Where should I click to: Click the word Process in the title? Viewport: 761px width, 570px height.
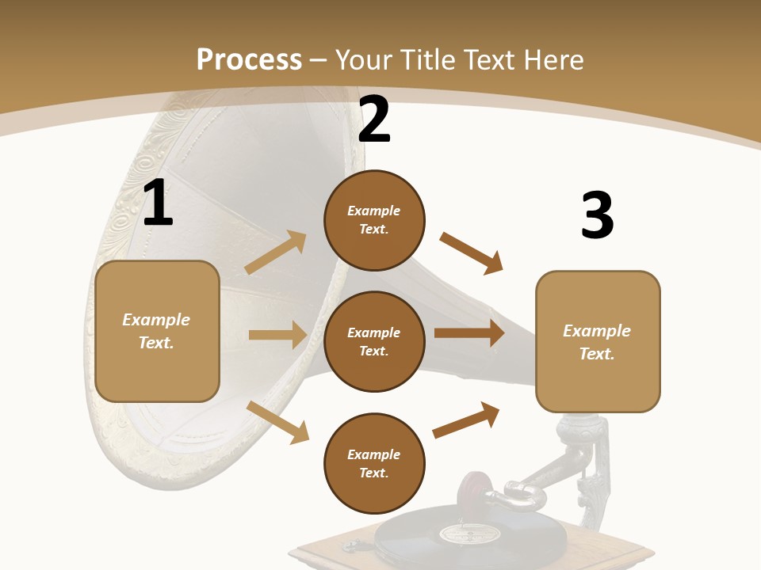[249, 59]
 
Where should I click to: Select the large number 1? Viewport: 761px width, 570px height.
[158, 204]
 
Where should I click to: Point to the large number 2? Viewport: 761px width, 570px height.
[374, 120]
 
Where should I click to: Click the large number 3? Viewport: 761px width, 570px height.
[598, 216]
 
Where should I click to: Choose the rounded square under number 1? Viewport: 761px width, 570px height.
[157, 331]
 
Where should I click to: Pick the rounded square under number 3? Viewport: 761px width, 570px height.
[598, 342]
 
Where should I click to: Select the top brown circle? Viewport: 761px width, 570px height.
[374, 220]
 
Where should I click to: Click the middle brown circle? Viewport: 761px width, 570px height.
[374, 341]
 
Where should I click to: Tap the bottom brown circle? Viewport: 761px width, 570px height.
[374, 463]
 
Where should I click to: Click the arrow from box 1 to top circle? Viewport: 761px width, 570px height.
[276, 253]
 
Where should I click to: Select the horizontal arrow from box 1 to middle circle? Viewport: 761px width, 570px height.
[277, 335]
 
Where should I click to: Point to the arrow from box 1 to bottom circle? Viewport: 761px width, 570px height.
[278, 421]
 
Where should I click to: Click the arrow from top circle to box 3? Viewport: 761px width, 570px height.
[472, 253]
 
